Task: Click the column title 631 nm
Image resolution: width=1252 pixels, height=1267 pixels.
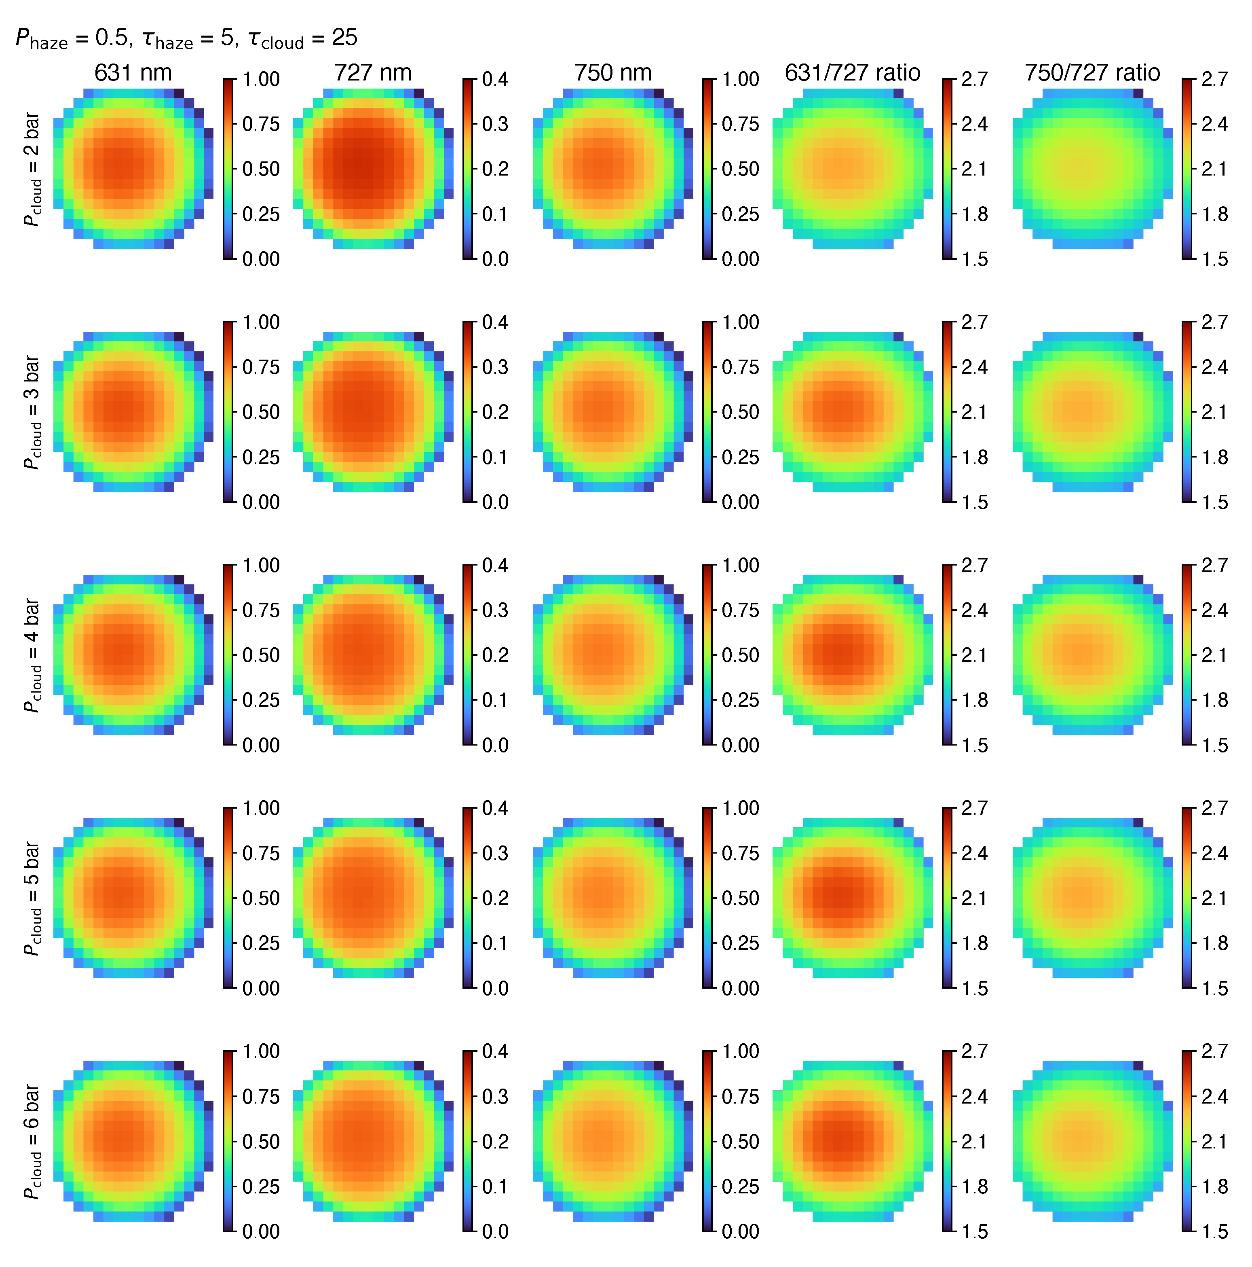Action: pos(133,73)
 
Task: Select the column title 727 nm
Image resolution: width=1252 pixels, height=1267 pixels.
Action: pos(373,73)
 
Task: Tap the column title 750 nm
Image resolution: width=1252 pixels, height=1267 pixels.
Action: pos(613,73)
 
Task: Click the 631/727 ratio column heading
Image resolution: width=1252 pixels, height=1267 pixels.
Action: pos(852,73)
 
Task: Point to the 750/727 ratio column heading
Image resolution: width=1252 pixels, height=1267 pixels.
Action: pos(1092,73)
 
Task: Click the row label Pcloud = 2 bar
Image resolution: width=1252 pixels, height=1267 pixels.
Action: pos(32,169)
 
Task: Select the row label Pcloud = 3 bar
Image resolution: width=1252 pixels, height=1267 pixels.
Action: pos(32,413)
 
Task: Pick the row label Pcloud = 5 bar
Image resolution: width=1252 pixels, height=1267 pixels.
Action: pos(32,898)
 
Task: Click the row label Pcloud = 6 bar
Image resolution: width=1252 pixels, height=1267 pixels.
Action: pos(32,1142)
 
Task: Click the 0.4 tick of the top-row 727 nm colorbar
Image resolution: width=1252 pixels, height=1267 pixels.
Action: pos(495,79)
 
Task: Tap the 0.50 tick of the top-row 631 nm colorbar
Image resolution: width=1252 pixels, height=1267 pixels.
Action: pos(261,169)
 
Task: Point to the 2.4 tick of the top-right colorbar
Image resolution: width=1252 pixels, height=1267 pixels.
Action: pos(1214,124)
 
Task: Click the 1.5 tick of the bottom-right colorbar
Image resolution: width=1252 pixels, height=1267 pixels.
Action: pos(1214,1231)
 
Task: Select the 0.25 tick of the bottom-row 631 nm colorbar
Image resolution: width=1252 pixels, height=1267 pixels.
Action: pos(261,1186)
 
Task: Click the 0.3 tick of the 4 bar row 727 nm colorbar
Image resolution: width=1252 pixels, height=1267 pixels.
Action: pos(495,610)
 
